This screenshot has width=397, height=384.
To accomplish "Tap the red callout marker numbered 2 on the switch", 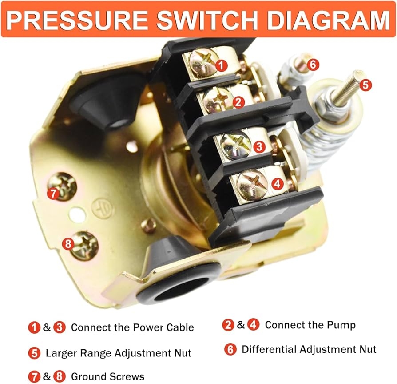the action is click(238, 102).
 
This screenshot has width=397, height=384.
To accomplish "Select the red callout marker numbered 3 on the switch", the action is click(259, 146).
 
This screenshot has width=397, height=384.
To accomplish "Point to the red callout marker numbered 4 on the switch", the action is click(277, 183).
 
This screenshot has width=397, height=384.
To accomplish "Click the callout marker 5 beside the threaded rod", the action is click(365, 85).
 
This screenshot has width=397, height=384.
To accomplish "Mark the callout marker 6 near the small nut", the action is click(313, 65).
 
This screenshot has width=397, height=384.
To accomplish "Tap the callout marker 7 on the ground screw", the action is click(53, 194).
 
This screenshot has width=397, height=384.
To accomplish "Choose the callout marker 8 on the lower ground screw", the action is click(68, 244).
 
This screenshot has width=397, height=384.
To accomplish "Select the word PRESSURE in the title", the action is click(77, 20).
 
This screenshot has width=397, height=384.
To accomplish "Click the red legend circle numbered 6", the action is click(230, 349).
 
